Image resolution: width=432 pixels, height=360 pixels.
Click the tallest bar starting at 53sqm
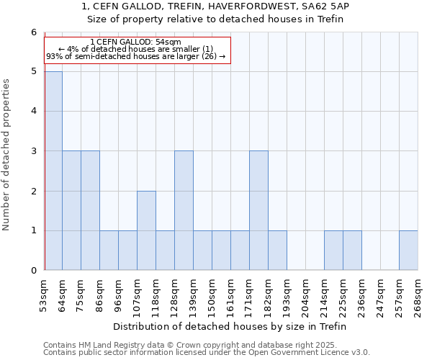[53, 171]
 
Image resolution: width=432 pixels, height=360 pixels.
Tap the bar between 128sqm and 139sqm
[184, 210]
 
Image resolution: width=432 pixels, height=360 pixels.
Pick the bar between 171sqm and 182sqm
[258, 210]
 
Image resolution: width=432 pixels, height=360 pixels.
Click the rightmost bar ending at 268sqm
[408, 251]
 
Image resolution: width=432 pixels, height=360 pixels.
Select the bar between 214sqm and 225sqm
[333, 251]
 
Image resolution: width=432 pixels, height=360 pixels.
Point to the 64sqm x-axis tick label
[63, 295]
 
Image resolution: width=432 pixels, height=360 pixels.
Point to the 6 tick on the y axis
[33, 32]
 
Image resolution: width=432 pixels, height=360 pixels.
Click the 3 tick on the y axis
[33, 151]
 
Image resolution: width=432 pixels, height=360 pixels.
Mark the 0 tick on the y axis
[33, 271]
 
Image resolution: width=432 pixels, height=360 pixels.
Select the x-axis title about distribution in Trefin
[230, 326]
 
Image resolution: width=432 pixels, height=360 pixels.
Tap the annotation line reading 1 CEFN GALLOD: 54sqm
[136, 42]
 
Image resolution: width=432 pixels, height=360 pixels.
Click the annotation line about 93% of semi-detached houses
[136, 56]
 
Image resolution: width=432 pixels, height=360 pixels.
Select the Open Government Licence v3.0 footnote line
[207, 353]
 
